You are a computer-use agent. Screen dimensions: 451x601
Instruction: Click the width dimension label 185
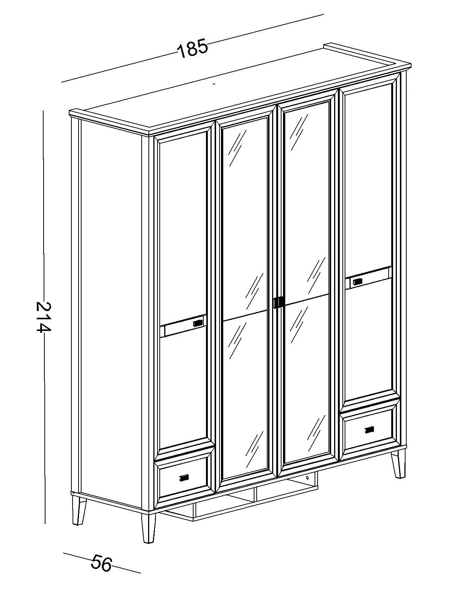(192, 48)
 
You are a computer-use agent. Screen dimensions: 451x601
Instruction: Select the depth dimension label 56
(101, 563)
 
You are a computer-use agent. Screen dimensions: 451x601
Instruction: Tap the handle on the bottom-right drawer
(370, 429)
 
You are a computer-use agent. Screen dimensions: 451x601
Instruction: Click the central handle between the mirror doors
(278, 302)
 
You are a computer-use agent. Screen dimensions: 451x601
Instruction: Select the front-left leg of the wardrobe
(148, 528)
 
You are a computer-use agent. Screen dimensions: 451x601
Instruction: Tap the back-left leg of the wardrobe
(79, 511)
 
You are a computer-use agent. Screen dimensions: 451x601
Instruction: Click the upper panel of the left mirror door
(245, 218)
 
